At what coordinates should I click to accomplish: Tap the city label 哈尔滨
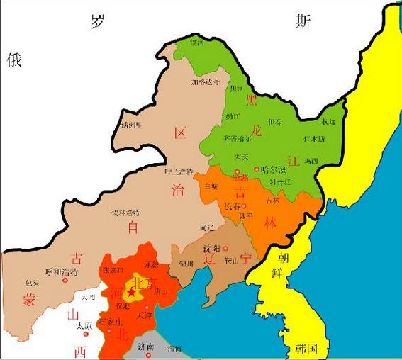point(273,169)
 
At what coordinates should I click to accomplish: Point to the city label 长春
point(233,206)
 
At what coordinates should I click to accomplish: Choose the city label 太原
point(84,325)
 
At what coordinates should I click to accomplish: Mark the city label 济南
point(147,347)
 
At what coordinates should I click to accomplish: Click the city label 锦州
point(186,264)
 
